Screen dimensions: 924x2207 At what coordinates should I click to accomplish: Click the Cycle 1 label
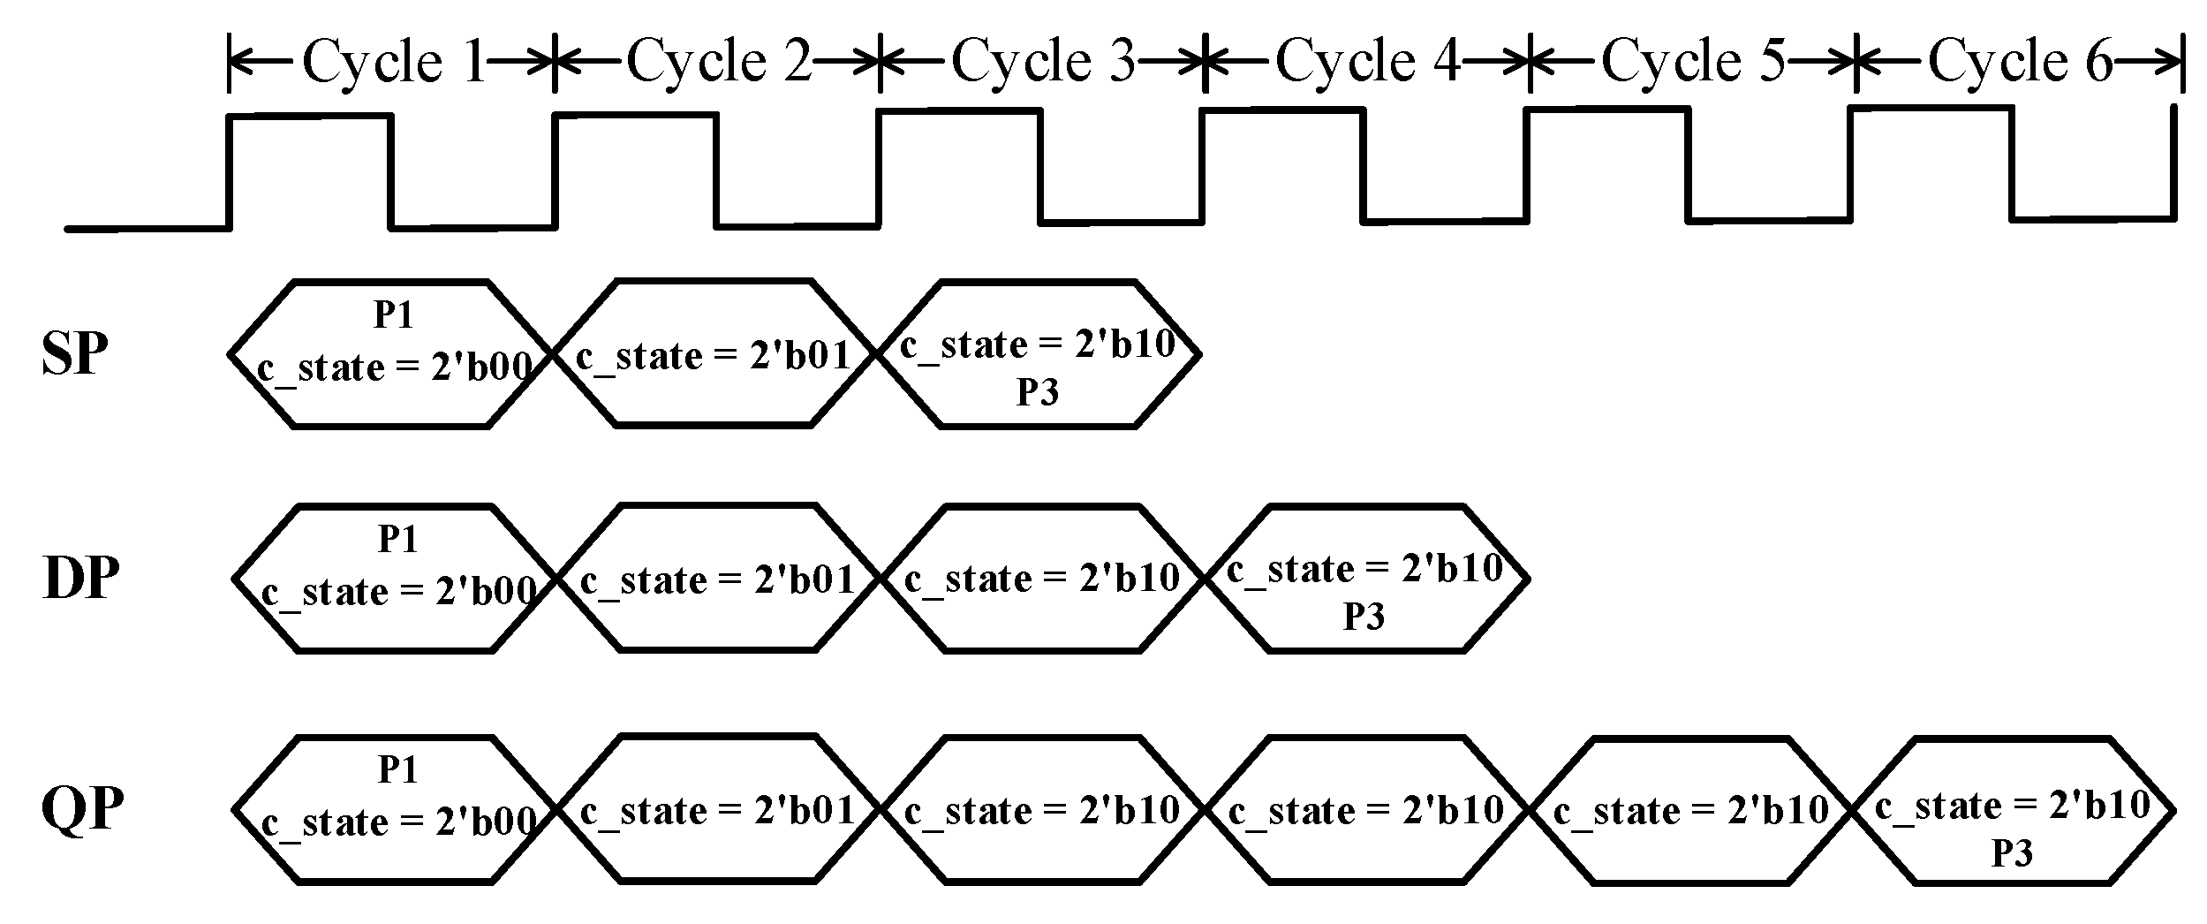[393, 62]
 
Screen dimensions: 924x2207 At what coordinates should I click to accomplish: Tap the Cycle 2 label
[718, 62]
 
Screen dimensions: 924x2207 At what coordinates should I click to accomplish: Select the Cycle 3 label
[1043, 62]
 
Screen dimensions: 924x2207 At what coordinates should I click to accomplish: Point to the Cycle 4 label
[1368, 62]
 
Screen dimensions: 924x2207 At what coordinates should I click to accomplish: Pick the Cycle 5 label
[1693, 62]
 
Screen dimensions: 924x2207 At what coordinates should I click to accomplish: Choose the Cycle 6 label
[2020, 62]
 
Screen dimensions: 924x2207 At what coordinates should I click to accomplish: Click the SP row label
[75, 355]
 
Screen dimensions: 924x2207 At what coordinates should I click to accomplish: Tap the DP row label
[79, 579]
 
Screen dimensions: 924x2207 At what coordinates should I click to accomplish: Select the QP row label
[82, 809]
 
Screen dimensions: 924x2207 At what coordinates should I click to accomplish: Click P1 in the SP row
[394, 315]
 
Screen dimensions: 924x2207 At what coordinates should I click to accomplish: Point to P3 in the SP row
[1038, 392]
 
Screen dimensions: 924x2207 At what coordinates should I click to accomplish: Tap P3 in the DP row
[1364, 617]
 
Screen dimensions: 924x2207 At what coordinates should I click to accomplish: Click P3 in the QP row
[2013, 853]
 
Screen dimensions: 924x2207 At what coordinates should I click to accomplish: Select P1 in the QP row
[397, 769]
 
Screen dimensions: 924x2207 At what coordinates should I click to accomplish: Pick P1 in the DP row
[397, 539]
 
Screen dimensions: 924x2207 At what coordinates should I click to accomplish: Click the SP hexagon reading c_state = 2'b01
[714, 355]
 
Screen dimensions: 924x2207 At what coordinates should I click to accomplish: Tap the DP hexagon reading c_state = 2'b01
[718, 579]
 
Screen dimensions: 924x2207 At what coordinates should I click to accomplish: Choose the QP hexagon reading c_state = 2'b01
[718, 811]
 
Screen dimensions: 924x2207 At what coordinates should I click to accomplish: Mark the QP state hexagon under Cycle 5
[1691, 811]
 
